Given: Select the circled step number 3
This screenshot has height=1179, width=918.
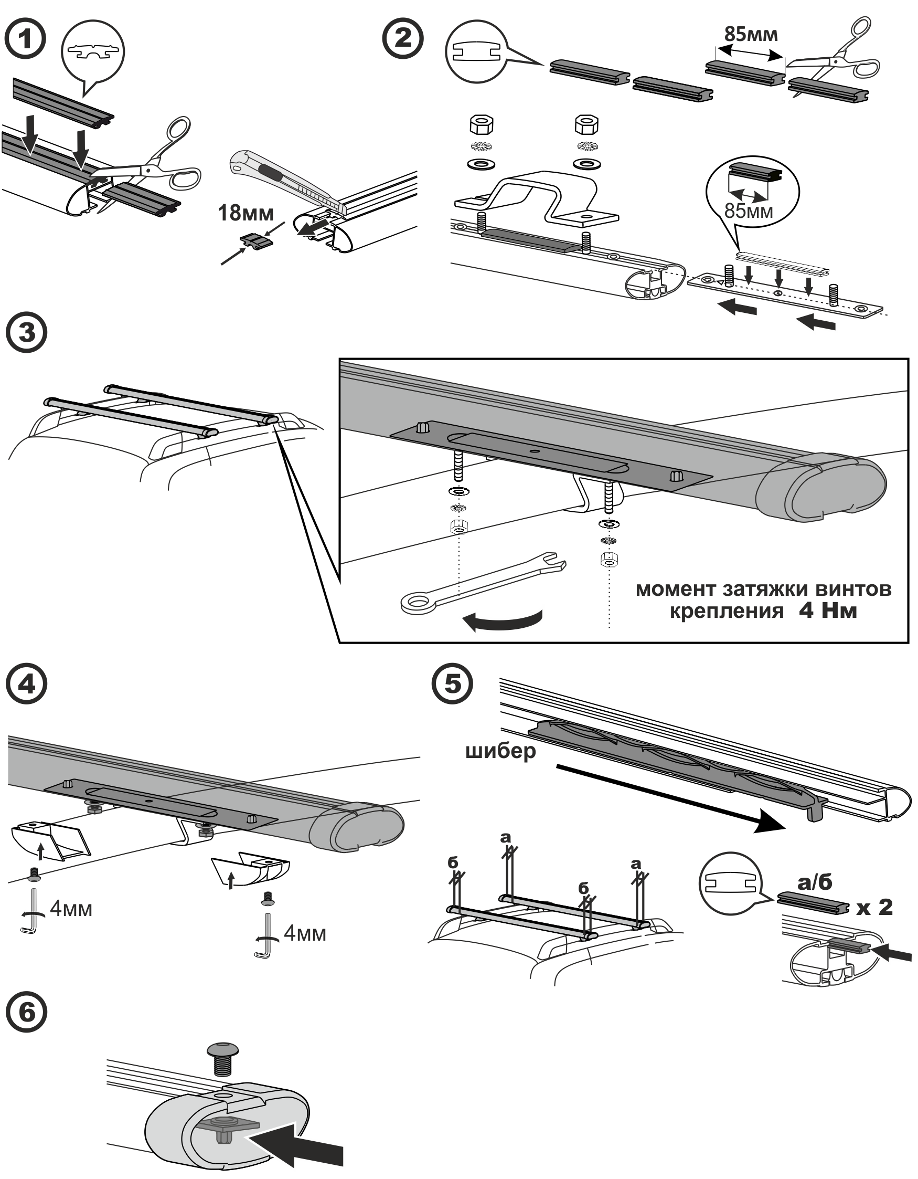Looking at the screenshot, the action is tap(26, 332).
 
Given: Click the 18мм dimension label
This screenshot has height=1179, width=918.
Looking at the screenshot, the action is tap(245, 213).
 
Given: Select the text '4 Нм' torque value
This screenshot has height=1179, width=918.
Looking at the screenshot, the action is tap(828, 610).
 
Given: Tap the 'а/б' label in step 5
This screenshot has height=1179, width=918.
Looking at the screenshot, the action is tap(815, 882).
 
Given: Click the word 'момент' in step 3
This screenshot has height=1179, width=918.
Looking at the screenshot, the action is tap(676, 589).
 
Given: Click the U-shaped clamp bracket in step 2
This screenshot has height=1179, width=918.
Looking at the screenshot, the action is tap(536, 200).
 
